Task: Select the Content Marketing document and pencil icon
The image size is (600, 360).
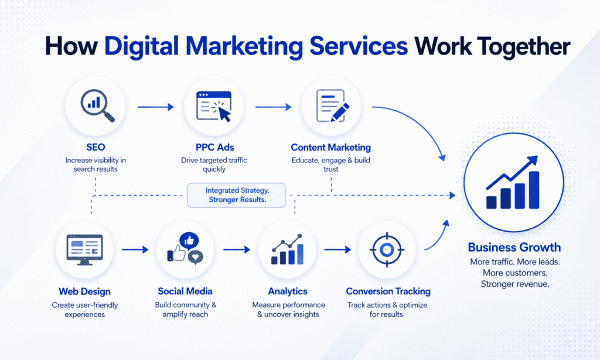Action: coord(332,106)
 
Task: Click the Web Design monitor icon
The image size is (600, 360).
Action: coord(84,250)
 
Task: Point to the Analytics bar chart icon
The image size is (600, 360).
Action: coord(287,249)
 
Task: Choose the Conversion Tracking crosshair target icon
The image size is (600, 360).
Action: coord(387,250)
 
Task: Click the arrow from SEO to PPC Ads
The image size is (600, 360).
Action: coord(155,107)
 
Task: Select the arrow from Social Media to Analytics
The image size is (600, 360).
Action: coord(237,250)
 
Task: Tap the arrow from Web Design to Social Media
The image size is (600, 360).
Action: coord(135,250)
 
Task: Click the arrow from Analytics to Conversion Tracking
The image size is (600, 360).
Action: coord(337,250)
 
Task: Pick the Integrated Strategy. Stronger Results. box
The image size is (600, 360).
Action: coord(237,195)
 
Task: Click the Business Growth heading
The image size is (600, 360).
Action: coord(514,247)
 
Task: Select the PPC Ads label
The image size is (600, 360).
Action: coord(214,147)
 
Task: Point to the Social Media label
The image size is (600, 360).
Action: coord(185,291)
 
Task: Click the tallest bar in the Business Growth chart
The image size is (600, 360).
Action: coord(534,190)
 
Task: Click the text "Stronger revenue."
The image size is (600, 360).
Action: coord(515,284)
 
